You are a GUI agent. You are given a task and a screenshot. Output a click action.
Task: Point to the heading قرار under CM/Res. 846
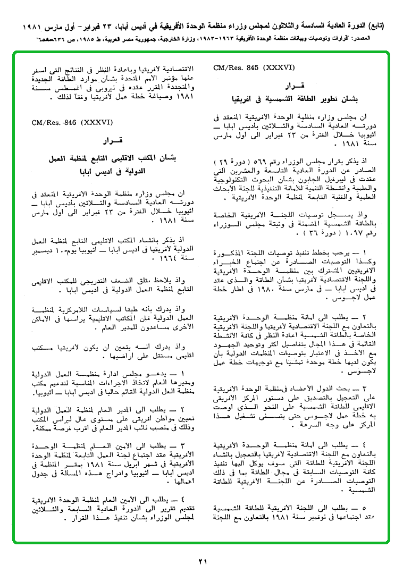pos(112,141)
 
